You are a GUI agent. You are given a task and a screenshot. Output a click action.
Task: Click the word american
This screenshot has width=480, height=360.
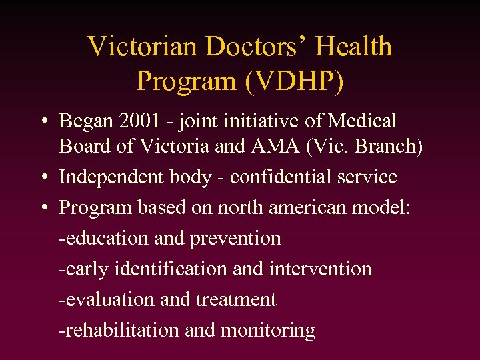314,208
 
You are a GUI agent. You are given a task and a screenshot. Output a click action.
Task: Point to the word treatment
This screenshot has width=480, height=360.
236,300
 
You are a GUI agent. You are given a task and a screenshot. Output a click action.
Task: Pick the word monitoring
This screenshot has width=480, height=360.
267,331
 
